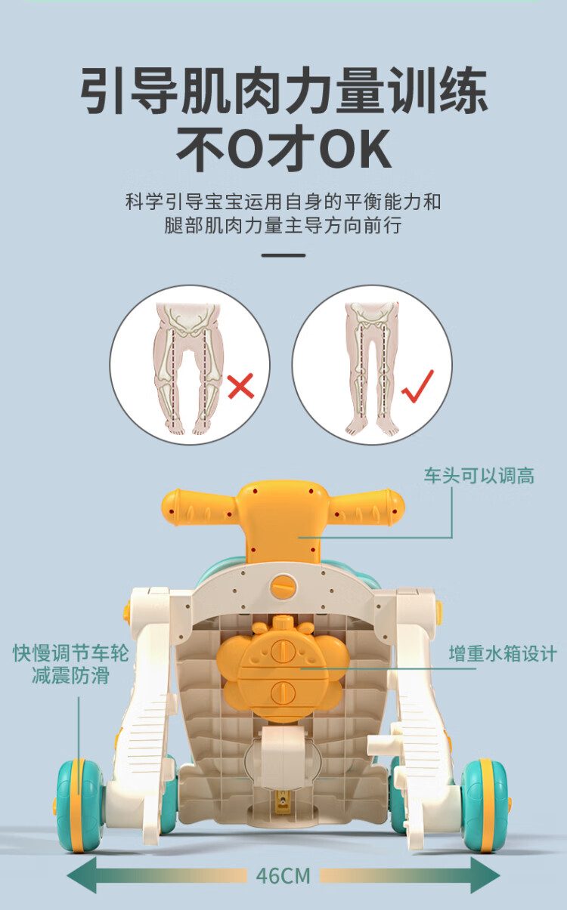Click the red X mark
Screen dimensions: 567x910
pos(241,386)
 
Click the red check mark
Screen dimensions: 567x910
pos(418,387)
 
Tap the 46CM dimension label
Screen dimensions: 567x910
pos(283,876)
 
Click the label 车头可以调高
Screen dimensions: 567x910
pos(479,475)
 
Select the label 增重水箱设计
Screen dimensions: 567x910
pos(503,654)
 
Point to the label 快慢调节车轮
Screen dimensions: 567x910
pos(71,652)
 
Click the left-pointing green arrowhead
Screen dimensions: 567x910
pos(82,875)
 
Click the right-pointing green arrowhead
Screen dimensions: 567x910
pos(485,875)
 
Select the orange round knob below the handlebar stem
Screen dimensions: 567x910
pos(283,588)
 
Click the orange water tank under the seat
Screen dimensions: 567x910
pos(283,668)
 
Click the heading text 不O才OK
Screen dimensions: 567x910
pos(284,148)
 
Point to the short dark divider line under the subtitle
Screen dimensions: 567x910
pos(283,255)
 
